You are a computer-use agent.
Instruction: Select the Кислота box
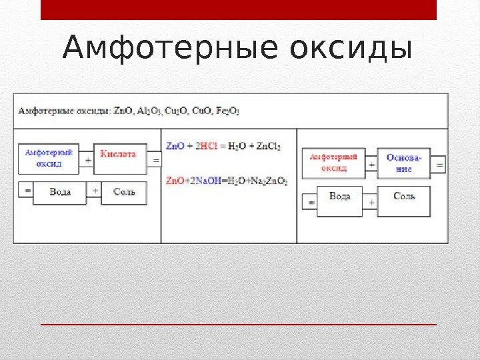pos(119,159)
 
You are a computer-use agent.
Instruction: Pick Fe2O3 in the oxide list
pos(227,111)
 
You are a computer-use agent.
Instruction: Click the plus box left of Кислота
pos(88,161)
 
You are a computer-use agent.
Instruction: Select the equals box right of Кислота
pos(155,161)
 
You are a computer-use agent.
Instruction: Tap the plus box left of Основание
pos(371,164)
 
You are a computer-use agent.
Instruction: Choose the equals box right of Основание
pos(439,164)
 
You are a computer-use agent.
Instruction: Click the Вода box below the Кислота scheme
pos(61,192)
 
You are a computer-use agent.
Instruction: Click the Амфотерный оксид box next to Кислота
pos(49,159)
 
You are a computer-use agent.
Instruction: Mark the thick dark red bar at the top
pos(239,10)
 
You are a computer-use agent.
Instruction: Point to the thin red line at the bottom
pos(239,325)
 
